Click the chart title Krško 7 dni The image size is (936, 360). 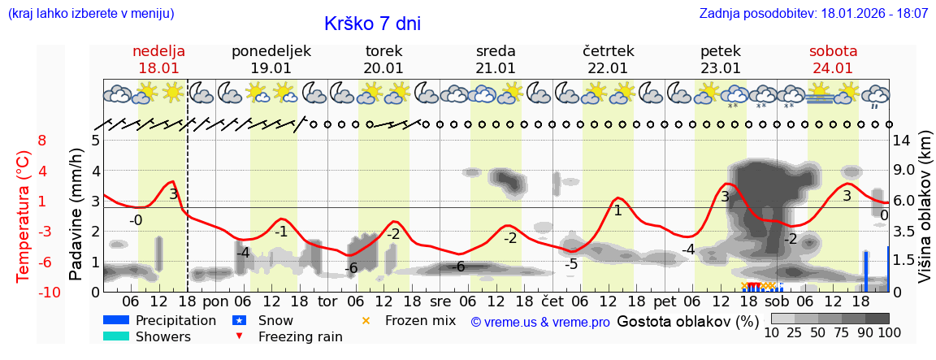[372, 24]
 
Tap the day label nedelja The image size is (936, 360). [159, 51]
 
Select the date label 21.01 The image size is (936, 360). [496, 68]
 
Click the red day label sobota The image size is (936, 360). [833, 51]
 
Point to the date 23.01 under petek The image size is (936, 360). [721, 68]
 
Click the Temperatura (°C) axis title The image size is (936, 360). [24, 216]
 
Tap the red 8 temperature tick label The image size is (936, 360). [42, 141]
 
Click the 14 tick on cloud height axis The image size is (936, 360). [903, 141]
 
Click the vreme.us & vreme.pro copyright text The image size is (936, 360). [540, 323]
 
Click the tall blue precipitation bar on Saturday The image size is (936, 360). [866, 271]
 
